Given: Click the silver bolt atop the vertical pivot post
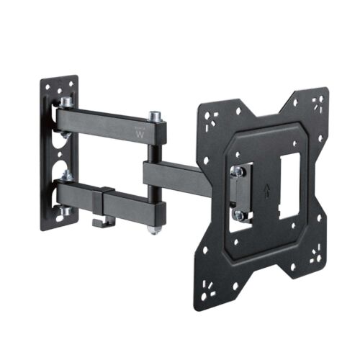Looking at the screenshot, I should pyautogui.click(x=153, y=115).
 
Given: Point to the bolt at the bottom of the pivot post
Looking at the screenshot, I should pyautogui.click(x=153, y=230).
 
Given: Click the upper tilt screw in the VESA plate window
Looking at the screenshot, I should pyautogui.click(x=236, y=172).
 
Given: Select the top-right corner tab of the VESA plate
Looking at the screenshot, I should pyautogui.click(x=312, y=104).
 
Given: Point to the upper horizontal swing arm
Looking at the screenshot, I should pyautogui.click(x=108, y=122).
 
